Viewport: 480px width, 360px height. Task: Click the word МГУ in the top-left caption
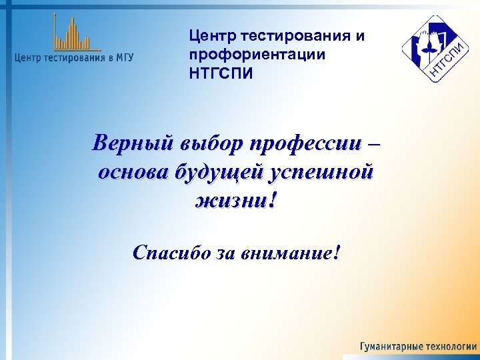pyautogui.click(x=123, y=57)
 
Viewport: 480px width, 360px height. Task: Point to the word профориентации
pyautogui.click(x=257, y=54)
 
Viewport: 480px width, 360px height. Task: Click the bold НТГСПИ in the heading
pyautogui.click(x=221, y=73)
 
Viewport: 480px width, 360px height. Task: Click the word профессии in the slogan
pyautogui.click(x=307, y=143)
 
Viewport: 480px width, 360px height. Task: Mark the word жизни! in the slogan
pyautogui.click(x=234, y=200)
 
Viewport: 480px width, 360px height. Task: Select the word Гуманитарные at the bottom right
pyautogui.click(x=389, y=347)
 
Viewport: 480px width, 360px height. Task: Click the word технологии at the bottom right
pyautogui.click(x=449, y=347)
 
